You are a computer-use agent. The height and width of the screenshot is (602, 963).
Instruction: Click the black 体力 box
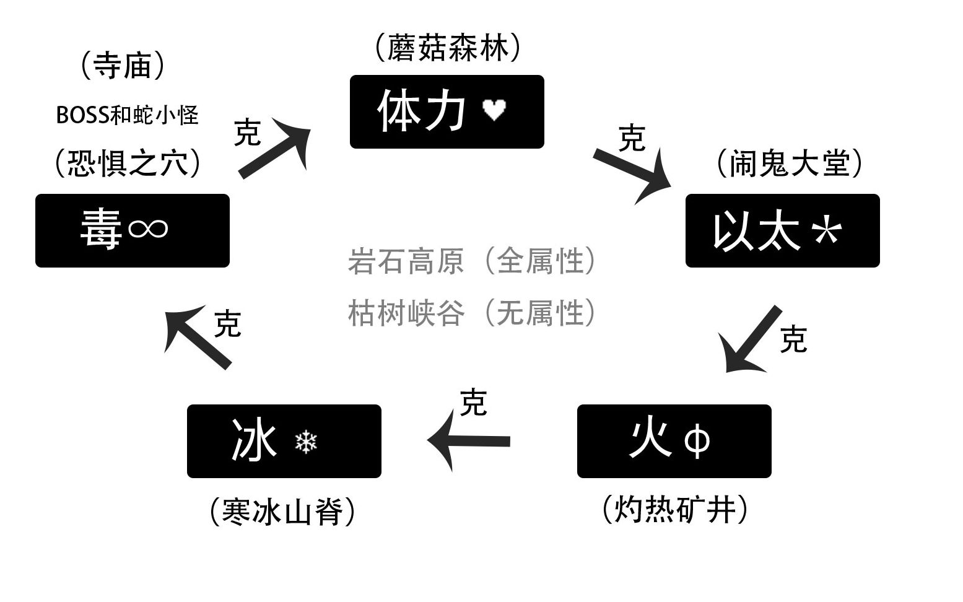click(x=447, y=111)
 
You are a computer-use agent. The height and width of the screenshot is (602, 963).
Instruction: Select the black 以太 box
click(x=782, y=230)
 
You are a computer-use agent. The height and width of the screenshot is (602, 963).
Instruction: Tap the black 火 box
click(x=674, y=441)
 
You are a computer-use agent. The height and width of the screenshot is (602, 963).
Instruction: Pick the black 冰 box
click(x=284, y=441)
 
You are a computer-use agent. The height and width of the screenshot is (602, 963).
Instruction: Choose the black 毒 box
click(x=132, y=230)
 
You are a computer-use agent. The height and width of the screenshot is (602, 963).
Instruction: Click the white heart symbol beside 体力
click(x=494, y=110)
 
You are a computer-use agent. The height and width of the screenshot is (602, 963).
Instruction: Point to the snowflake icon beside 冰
click(x=306, y=442)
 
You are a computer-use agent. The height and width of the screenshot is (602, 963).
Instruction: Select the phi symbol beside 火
click(x=697, y=442)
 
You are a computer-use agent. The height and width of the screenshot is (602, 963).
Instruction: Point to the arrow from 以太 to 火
click(x=751, y=340)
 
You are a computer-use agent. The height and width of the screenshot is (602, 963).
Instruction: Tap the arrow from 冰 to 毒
click(x=198, y=336)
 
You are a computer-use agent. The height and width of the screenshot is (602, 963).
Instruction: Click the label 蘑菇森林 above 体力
click(x=448, y=48)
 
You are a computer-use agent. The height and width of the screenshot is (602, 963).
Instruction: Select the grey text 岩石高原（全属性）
click(x=472, y=261)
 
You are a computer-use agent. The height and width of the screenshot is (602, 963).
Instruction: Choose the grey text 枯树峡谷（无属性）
click(x=472, y=313)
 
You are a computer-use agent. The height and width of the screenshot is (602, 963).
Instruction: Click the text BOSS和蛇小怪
click(x=127, y=115)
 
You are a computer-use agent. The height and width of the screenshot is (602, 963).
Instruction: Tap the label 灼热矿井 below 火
click(x=674, y=510)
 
